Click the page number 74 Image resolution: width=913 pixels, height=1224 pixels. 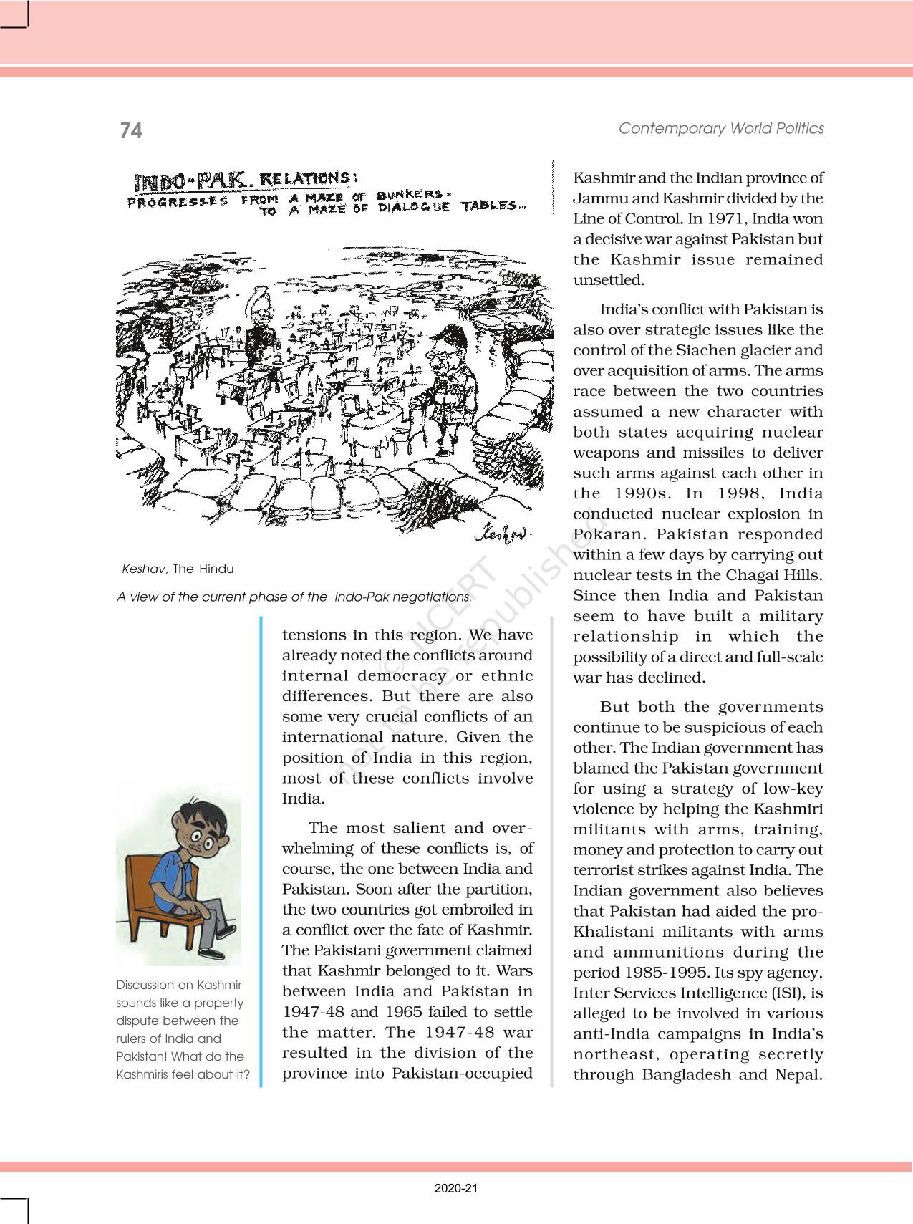tap(131, 130)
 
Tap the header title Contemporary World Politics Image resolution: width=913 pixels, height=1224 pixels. tap(721, 128)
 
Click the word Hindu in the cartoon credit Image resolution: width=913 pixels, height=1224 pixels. tap(216, 569)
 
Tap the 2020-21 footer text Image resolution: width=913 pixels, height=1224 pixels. tap(456, 1188)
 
